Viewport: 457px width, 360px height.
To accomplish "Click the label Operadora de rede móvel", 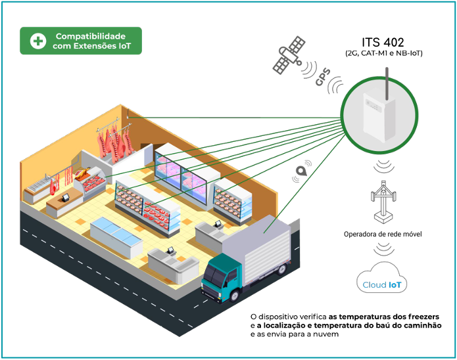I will pos(383,235).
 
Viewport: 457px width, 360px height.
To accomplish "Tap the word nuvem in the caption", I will pos(326,334).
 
